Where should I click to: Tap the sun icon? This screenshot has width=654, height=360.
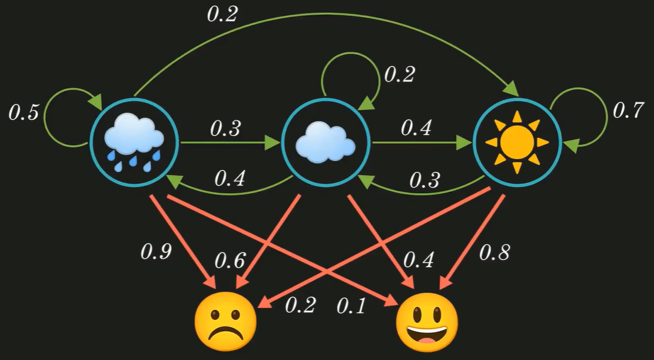click(x=517, y=142)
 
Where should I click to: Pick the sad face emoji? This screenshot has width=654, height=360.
click(x=225, y=321)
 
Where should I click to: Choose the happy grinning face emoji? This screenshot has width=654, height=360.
click(x=427, y=322)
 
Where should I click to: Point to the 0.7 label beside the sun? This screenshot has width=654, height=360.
click(x=628, y=111)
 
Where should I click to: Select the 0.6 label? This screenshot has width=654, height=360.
click(x=230, y=261)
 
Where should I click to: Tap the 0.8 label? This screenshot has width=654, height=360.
click(x=494, y=252)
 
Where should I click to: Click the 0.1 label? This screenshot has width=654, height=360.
click(x=351, y=306)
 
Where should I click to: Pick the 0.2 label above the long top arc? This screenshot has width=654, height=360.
click(x=223, y=14)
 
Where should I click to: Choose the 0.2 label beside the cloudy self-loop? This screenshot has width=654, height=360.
click(x=400, y=75)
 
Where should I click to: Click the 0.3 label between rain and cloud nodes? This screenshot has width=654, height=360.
click(x=225, y=129)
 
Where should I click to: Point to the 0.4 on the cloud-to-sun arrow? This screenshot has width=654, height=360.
click(x=416, y=128)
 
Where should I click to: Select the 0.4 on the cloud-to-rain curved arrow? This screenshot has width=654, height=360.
click(x=230, y=178)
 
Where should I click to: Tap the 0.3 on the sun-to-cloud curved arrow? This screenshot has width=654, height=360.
click(x=424, y=180)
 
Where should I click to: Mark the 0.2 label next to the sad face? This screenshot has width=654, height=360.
click(x=300, y=305)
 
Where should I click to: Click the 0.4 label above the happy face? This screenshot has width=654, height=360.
click(x=419, y=260)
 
